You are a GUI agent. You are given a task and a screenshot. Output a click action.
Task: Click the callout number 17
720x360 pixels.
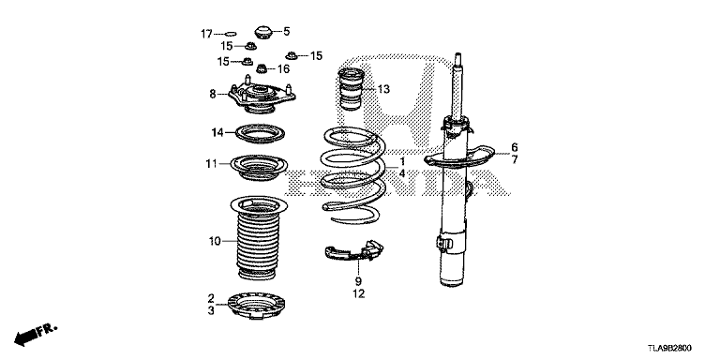coord(206,34)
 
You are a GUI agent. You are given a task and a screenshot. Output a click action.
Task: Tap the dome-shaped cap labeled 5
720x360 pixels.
coord(263,33)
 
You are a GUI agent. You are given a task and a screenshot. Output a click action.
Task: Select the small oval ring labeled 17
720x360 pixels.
coord(231,33)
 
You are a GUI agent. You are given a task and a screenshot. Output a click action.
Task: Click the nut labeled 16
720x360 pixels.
coord(262,68)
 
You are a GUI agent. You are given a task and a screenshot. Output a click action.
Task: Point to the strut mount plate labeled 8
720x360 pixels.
coord(262,95)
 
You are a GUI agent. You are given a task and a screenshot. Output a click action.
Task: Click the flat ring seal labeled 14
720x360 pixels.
coord(260,133)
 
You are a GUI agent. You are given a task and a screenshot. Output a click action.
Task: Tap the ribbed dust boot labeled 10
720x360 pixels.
coord(258,237)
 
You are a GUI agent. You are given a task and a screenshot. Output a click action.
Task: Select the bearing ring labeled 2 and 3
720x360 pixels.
coord(256,306)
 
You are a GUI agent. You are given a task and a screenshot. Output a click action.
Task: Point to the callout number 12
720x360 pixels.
coord(359,293)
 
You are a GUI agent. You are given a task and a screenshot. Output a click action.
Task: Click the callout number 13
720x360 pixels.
coord(383,89)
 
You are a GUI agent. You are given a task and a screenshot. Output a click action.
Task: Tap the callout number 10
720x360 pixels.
coord(215,241)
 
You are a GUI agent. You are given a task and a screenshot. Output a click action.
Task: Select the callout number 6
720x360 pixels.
coord(515,147)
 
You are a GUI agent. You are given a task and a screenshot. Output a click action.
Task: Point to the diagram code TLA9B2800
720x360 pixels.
coord(670,349)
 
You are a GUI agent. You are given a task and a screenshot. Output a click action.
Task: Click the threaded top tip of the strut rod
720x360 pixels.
coord(457,56)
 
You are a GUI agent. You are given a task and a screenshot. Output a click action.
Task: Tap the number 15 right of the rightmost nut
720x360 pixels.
coord(316,56)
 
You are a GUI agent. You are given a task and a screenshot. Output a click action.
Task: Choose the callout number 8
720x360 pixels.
coord(212,94)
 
